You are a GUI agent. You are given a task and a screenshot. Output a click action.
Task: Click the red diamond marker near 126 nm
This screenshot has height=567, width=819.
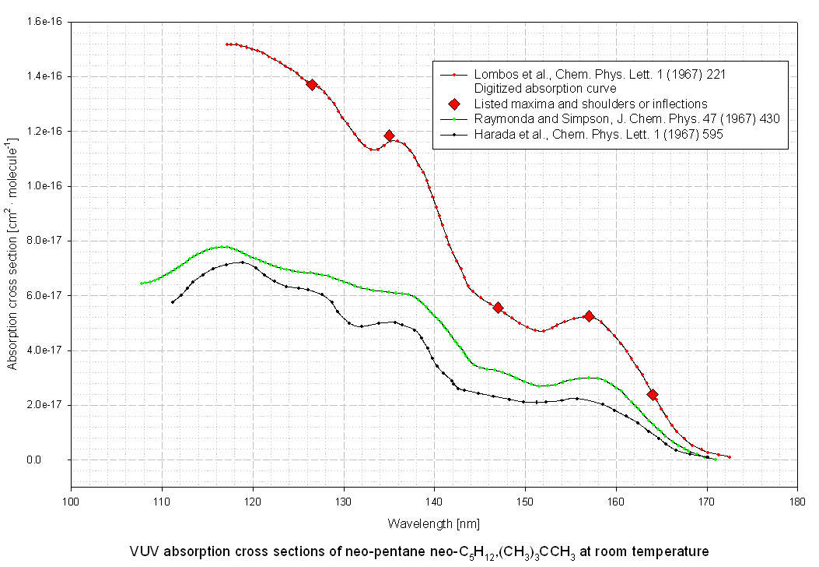pos(311,84)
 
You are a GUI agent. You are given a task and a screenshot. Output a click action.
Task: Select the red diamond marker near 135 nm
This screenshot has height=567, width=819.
pos(389,136)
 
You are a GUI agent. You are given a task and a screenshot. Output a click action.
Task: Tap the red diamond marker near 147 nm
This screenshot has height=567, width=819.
pos(498,308)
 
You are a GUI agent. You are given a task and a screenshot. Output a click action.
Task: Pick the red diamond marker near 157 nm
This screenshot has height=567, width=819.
pos(589,316)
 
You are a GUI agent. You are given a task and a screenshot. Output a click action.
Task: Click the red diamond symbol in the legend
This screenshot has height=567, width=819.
pos(454,104)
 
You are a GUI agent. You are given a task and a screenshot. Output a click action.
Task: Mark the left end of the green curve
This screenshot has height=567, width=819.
pos(141,283)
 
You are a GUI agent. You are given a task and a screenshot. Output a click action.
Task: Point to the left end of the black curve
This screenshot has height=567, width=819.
pos(172,302)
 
